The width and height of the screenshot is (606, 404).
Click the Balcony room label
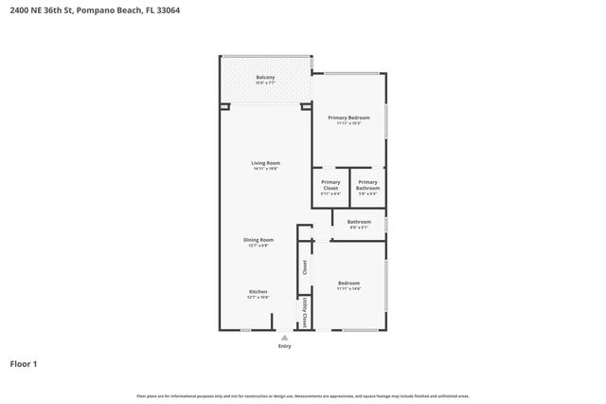[x=265, y=77]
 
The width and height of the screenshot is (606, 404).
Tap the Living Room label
[x=265, y=163]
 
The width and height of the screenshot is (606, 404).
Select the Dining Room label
[x=259, y=240]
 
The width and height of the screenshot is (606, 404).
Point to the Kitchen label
[x=258, y=291]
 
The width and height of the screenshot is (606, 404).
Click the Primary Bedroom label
[x=348, y=118]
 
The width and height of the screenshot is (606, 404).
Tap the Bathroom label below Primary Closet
[x=359, y=222]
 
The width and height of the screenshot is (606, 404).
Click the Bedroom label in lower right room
[x=348, y=283]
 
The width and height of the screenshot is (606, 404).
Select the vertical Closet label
[x=305, y=267]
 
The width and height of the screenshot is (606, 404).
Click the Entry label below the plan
[x=284, y=346]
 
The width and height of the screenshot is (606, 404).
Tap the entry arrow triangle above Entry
[x=284, y=336]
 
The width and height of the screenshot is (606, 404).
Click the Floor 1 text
[x=24, y=363]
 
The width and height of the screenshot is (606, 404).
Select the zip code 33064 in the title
[x=168, y=10]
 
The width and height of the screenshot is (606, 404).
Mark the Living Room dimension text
[x=265, y=169]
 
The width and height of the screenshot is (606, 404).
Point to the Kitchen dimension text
[x=258, y=297]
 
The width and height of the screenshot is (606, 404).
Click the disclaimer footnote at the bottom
[x=303, y=395]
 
